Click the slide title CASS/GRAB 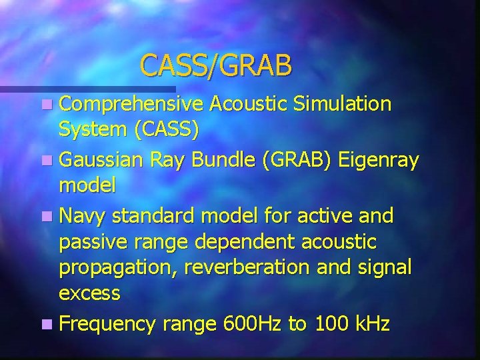click(216, 65)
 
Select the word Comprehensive click(131, 104)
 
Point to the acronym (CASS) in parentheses click(166, 129)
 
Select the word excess click(90, 293)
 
